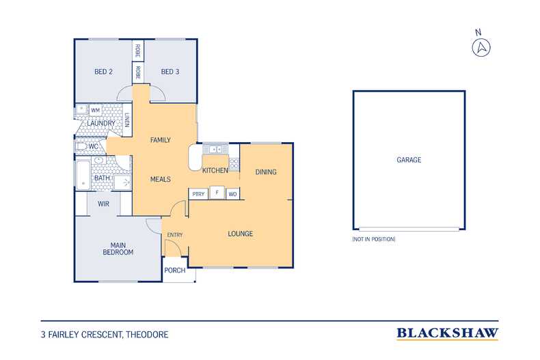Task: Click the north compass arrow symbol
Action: click(x=481, y=48)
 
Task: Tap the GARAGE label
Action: click(x=409, y=160)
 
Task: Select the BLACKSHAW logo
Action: click(x=447, y=333)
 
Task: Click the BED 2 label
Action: click(x=103, y=72)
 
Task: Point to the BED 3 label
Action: click(x=170, y=72)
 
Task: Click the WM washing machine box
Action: click(x=96, y=110)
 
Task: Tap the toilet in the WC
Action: click(x=81, y=147)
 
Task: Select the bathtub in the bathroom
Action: click(x=83, y=174)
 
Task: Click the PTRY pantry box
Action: click(x=198, y=194)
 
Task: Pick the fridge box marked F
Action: click(x=217, y=193)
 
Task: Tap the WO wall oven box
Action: click(x=232, y=194)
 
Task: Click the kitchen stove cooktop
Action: click(x=234, y=163)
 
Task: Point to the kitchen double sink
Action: click(x=215, y=149)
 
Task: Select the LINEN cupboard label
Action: click(x=127, y=120)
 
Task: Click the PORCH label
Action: click(x=174, y=271)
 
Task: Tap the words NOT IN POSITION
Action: click(x=374, y=239)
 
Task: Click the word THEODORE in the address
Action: click(x=147, y=335)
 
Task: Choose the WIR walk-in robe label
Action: click(x=103, y=204)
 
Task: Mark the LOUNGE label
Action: click(x=241, y=234)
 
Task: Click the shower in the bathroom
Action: click(x=122, y=182)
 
